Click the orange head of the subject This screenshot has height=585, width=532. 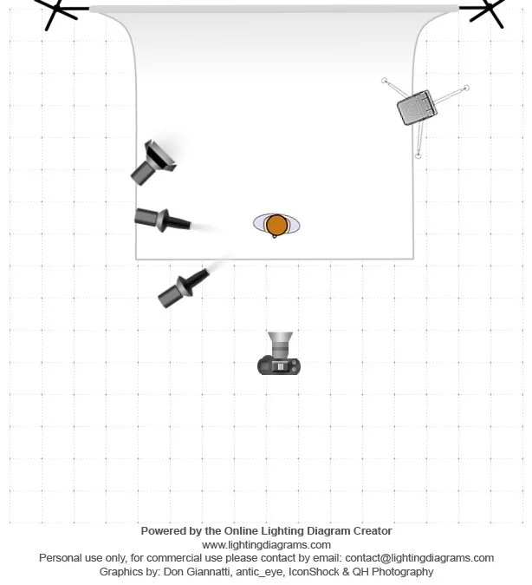click(x=276, y=225)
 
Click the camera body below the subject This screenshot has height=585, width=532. click(x=279, y=365)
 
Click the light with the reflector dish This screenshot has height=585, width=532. click(x=154, y=161)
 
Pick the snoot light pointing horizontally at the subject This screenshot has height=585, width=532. click(x=161, y=220)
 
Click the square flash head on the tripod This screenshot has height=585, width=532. click(x=417, y=108)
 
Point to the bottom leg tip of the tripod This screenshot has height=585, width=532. click(x=418, y=156)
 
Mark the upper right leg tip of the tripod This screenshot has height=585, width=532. click(x=466, y=88)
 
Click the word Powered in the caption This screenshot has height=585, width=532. click(x=162, y=530)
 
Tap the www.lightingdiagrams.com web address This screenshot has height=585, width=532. click(x=266, y=544)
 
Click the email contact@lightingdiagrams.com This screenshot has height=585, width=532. click(x=422, y=558)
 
